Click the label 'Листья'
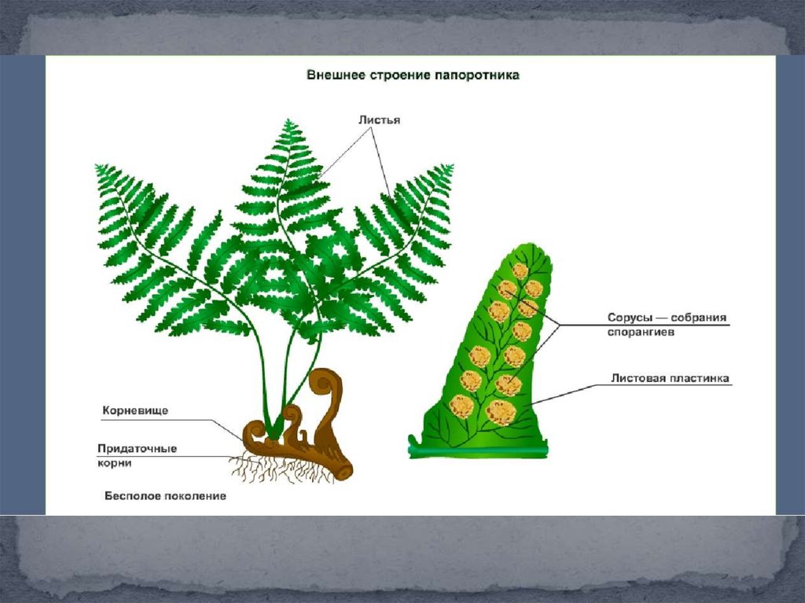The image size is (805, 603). [379, 120]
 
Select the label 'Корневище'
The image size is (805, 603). [135, 410]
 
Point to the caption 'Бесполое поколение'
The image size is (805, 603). [165, 496]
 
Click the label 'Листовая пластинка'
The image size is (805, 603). [671, 378]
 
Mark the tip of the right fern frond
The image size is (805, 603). [450, 167]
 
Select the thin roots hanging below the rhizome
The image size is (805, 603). [275, 471]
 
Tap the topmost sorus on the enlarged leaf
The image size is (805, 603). [520, 271]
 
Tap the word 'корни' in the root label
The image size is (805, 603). [115, 463]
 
